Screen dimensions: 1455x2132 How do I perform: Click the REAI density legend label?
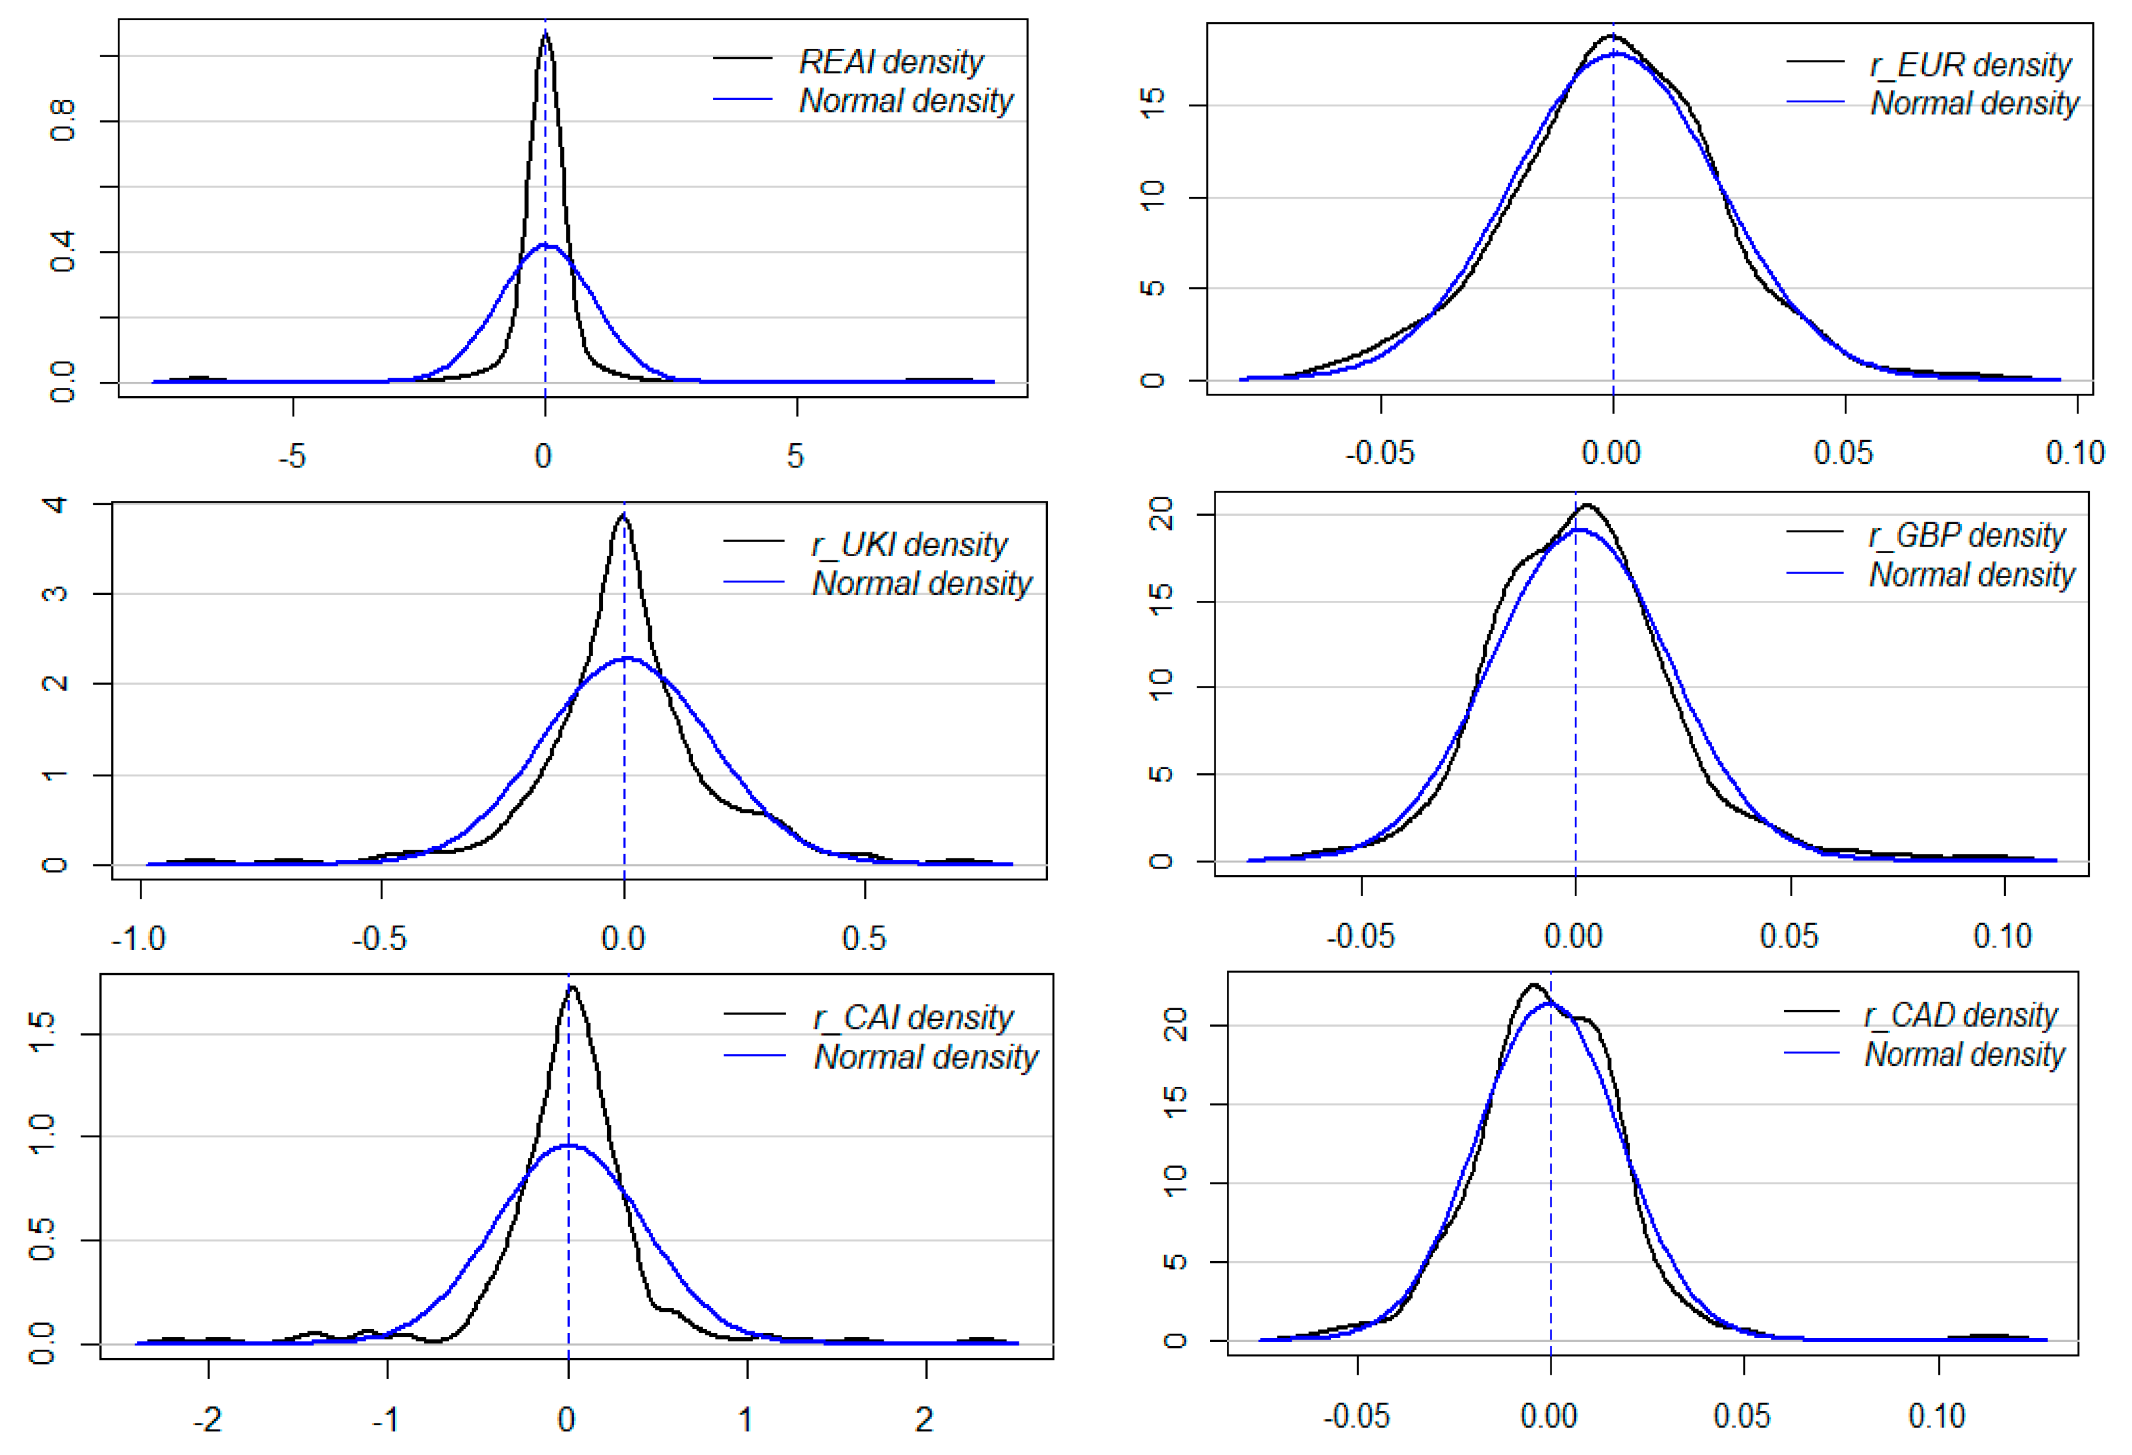(x=891, y=62)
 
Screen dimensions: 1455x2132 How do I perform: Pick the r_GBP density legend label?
(x=1966, y=535)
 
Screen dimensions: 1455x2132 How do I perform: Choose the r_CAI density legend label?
(x=913, y=1017)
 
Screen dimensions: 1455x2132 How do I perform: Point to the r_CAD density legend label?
(x=1961, y=1015)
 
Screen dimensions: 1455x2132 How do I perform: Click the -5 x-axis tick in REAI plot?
(x=292, y=456)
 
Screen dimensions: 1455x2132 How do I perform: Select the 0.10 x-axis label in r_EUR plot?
(x=2074, y=452)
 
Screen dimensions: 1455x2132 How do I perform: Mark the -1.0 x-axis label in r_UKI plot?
(x=139, y=939)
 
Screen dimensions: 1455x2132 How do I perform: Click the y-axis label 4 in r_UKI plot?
(x=55, y=504)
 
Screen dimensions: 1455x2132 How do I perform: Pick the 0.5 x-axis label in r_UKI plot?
(x=864, y=939)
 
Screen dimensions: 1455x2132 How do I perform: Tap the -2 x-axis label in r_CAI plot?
(x=208, y=1420)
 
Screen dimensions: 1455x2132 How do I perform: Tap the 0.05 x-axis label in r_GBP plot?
(x=1788, y=937)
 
